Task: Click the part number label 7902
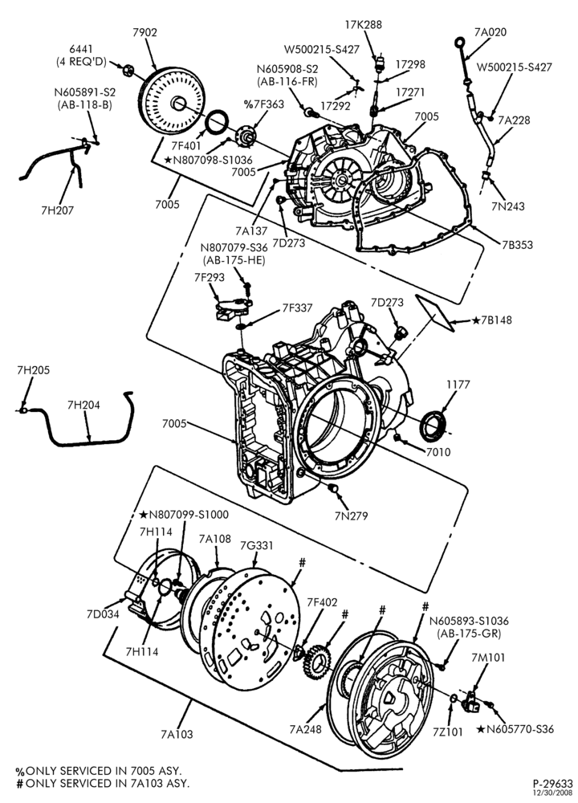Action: point(144,32)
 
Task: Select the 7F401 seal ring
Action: point(218,123)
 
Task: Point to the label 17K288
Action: point(363,24)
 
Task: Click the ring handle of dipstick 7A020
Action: point(460,42)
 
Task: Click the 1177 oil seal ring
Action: point(434,426)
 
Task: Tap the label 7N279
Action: point(351,516)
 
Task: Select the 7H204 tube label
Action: point(84,405)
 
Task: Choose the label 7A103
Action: point(177,734)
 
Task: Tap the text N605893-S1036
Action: point(469,621)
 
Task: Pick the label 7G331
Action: point(257,545)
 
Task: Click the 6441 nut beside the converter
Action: point(128,70)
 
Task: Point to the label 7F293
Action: point(210,277)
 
